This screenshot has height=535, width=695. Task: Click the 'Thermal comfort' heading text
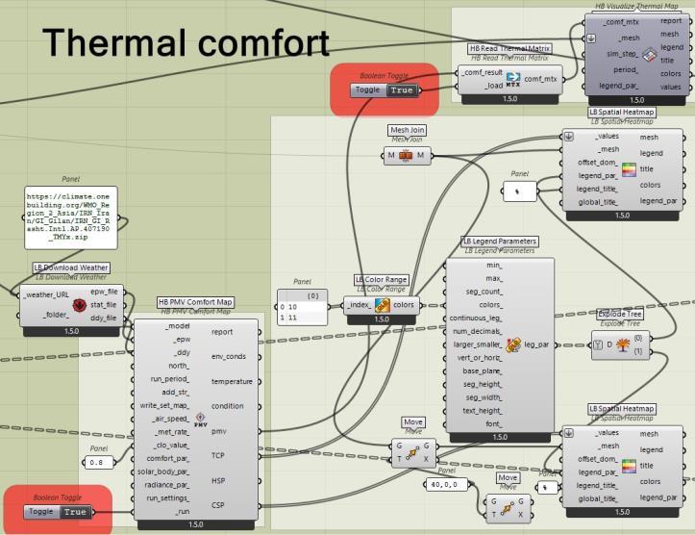click(x=186, y=43)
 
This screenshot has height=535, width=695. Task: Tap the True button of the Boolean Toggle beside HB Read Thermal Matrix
click(x=402, y=90)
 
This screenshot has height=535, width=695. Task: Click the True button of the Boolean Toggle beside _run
click(x=75, y=512)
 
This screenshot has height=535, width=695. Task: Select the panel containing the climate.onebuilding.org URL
click(x=72, y=217)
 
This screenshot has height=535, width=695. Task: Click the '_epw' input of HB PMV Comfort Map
click(x=170, y=339)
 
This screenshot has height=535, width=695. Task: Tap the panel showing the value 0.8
click(x=96, y=462)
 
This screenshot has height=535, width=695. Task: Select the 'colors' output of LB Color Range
click(x=404, y=306)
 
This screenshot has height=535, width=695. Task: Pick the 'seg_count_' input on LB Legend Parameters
click(x=483, y=291)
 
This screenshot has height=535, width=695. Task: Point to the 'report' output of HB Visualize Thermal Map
click(x=671, y=19)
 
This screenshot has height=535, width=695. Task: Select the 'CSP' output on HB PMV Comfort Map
click(x=219, y=504)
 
